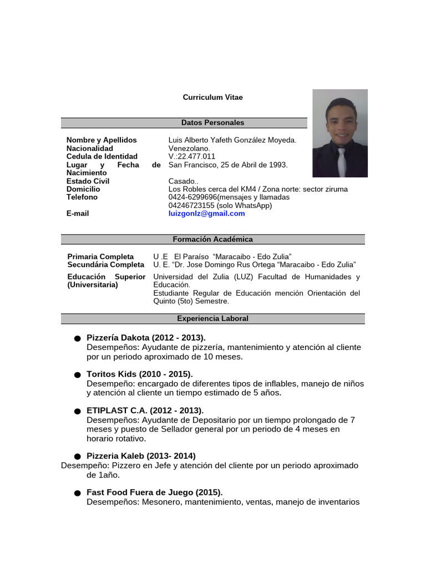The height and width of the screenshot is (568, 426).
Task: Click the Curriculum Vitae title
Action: pos(212,97)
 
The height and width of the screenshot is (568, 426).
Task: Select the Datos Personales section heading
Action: pos(212,123)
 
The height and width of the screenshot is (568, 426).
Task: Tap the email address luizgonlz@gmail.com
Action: pos(206,214)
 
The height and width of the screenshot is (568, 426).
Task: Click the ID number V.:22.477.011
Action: pos(191,156)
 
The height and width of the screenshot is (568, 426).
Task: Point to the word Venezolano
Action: pos(189,148)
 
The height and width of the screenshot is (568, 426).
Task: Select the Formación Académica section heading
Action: pos(212,239)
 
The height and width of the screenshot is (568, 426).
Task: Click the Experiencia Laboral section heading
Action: pos(212,318)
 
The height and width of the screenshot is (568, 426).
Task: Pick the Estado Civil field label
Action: pos(88,181)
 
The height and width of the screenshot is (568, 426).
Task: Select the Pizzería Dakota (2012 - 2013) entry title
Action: pos(146,337)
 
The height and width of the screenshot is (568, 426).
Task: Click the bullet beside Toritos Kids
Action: pos(77,376)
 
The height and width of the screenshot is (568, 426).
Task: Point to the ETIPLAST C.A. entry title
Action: pos(145,410)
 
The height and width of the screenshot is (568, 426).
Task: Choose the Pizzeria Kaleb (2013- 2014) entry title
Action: pos(141,456)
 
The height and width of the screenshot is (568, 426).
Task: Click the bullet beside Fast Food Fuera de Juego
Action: pos(77,493)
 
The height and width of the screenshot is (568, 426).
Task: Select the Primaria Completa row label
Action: pos(100,256)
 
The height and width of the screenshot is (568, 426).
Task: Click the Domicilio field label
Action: pos(83,189)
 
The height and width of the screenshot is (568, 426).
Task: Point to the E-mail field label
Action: pos(78,214)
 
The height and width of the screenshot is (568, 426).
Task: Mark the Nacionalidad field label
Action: pos(90,148)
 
